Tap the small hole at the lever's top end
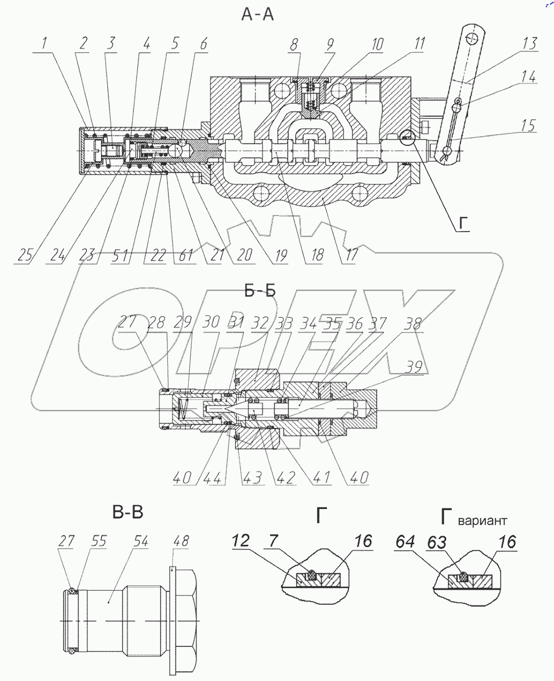click(470, 38)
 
